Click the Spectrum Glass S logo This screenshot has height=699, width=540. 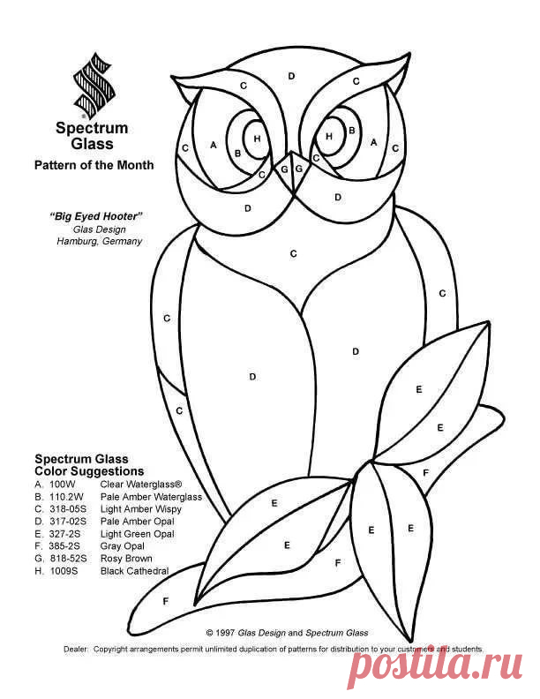coord(94,86)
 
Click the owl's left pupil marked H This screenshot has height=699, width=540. coord(256,139)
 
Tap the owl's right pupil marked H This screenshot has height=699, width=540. coord(330,136)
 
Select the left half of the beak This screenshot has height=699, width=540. coord(283,171)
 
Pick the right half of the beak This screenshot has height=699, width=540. coord(299,170)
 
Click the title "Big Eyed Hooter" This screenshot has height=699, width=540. coord(95,216)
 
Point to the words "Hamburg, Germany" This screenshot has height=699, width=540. coord(100,241)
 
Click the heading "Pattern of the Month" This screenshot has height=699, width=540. coord(94,165)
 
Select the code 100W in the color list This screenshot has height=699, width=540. coord(63,485)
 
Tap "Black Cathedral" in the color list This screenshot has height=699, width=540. coord(134,571)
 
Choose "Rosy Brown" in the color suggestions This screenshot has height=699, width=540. coord(126,558)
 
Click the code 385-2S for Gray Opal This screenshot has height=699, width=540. coord(65,546)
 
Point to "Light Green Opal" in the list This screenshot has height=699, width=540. coord(138,534)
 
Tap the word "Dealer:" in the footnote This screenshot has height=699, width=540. coord(76,649)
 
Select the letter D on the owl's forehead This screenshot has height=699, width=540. coord(291,76)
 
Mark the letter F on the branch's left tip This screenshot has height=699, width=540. coord(165,601)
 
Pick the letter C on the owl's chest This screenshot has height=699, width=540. coord(293,253)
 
